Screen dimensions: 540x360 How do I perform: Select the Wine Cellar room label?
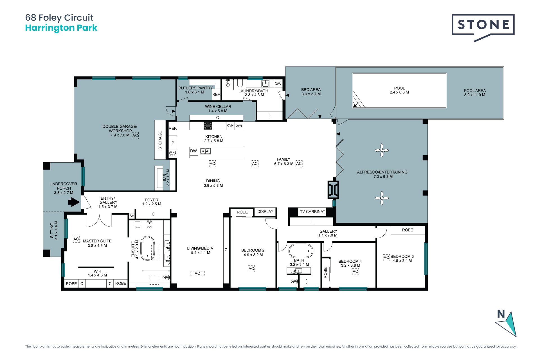218,109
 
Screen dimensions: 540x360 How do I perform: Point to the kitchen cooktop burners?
208,125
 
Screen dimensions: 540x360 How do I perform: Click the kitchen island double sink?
205,151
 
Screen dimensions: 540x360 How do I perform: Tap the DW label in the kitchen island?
193,151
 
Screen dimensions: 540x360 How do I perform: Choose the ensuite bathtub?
148,248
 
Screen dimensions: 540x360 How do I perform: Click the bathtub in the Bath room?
301,251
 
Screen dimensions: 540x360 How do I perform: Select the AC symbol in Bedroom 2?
251,269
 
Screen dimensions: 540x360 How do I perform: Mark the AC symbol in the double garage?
135,135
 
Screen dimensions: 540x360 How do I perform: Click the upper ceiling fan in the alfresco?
382,150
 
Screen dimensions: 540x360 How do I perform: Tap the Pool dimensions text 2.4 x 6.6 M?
399,92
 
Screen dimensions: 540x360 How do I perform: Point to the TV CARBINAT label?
312,211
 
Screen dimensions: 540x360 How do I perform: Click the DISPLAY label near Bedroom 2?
265,211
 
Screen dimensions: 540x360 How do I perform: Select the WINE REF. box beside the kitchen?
173,154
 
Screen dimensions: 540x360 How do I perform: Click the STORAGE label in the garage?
160,140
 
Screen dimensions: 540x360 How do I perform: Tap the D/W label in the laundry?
278,84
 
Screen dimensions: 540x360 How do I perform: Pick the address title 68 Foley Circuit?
59,18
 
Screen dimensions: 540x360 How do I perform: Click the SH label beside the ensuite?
132,216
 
